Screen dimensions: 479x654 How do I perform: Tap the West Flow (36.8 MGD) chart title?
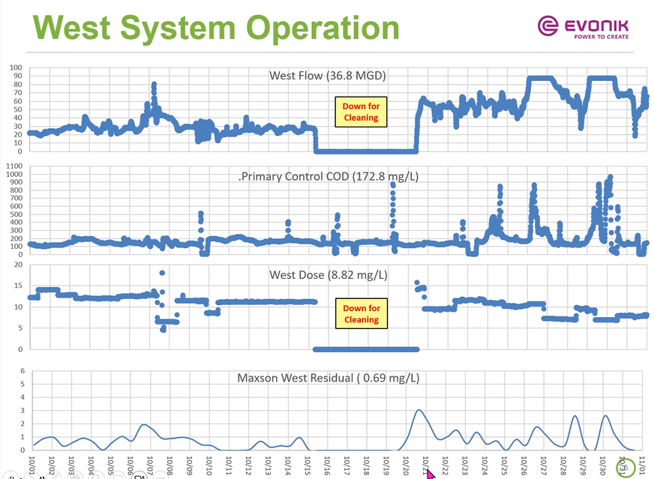(x=328, y=75)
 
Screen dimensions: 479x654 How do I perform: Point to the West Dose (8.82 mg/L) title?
(x=328, y=275)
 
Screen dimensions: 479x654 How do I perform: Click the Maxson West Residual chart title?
(x=327, y=378)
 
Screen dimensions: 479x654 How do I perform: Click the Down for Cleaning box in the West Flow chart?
(x=361, y=112)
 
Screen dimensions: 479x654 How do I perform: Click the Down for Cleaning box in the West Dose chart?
(x=361, y=314)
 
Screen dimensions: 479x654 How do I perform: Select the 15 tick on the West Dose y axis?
(x=19, y=286)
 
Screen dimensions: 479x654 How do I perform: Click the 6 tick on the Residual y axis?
(x=22, y=371)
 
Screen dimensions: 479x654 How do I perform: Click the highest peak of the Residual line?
(x=418, y=410)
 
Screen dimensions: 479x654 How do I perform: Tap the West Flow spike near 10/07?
(x=154, y=84)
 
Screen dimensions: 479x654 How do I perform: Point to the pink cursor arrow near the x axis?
(x=430, y=473)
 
